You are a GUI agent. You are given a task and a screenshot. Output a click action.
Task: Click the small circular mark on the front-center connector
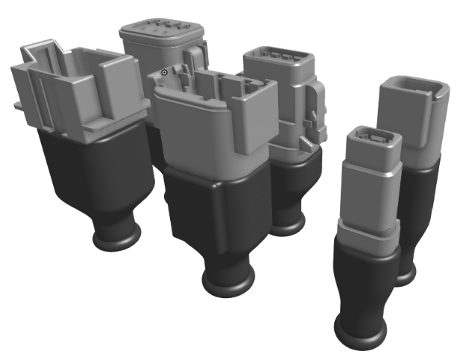[165, 72]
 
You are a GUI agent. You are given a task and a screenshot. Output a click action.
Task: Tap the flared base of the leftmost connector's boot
[116, 238]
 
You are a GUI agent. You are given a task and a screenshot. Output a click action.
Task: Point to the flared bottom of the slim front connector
[361, 331]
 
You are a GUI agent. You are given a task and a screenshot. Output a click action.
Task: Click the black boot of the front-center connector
[216, 216]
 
